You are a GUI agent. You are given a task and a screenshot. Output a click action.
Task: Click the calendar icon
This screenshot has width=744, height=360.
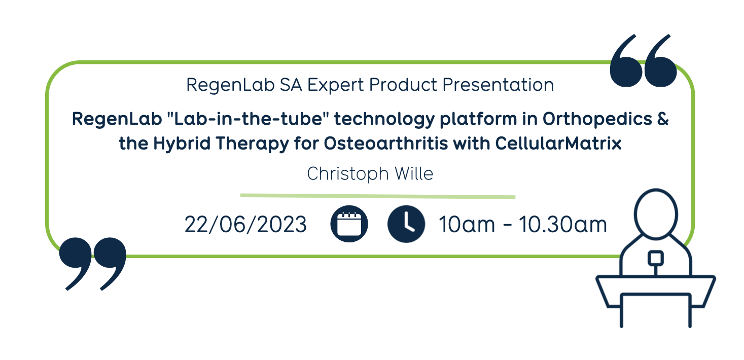pos(349,224)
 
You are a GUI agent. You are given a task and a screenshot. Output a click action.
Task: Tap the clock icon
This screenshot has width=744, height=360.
pos(406,224)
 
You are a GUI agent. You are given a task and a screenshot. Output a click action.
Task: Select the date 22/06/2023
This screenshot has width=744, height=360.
pos(245,225)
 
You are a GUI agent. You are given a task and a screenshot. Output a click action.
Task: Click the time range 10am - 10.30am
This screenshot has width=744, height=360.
pos(523,225)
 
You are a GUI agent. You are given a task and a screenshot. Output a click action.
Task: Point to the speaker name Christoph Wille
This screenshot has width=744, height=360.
pos(370,174)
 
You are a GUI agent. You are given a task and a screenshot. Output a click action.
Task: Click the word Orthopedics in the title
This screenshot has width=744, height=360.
pos(597,119)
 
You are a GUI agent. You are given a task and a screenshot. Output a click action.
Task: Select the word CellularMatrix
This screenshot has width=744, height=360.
pos(558,143)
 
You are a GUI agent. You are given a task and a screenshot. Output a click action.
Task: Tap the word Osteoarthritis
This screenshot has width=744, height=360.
pos(386,143)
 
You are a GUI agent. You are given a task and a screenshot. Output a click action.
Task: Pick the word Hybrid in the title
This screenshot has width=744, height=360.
pos(182,144)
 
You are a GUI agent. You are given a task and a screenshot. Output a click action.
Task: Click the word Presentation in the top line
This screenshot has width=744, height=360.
pos(498,85)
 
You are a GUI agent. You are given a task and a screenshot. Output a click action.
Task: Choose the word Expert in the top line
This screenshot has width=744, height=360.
pos(335,85)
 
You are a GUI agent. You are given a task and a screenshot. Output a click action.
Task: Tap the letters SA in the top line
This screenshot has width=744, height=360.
pos(291,85)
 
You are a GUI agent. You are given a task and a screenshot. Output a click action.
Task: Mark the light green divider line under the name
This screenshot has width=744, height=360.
pos(378,196)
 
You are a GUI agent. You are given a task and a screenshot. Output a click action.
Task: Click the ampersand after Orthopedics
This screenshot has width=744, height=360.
pos(663,119)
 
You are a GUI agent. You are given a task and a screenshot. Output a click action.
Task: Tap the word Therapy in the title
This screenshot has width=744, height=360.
pos(252,144)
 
